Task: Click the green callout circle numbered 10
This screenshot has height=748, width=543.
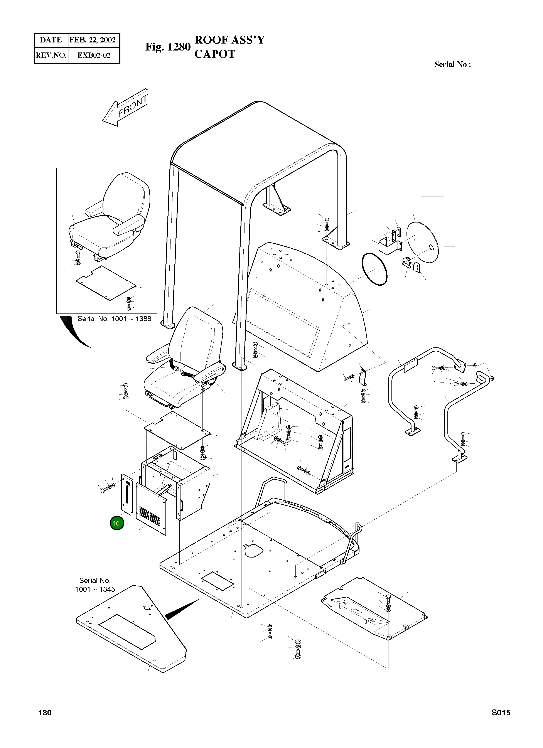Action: point(116,523)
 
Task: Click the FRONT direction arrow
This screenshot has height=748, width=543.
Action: point(126,108)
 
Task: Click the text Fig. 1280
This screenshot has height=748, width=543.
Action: point(168,47)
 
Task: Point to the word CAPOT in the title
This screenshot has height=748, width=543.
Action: point(214,54)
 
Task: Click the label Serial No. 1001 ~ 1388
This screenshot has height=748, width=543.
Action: point(114,318)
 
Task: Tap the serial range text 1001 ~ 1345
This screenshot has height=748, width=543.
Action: point(95,589)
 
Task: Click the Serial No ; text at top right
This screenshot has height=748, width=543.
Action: point(452,65)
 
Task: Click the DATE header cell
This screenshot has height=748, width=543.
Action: point(51,40)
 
